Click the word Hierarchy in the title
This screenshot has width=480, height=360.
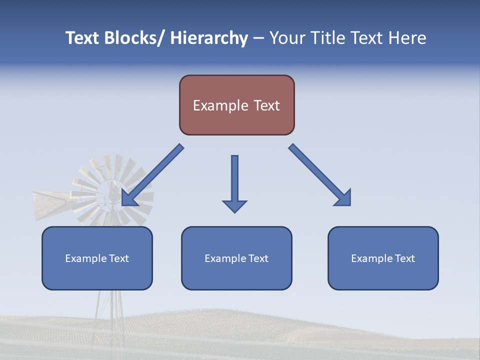click(x=209, y=38)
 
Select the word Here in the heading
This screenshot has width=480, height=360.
click(x=408, y=38)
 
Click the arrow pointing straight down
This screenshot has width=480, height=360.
click(x=234, y=183)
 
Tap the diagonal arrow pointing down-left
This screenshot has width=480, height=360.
click(x=152, y=175)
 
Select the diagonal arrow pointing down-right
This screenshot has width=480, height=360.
click(x=320, y=175)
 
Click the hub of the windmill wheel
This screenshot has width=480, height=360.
click(x=113, y=192)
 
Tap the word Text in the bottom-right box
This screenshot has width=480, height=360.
click(x=404, y=258)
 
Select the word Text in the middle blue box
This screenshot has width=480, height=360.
click(x=258, y=258)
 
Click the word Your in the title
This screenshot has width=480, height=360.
click(x=286, y=38)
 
